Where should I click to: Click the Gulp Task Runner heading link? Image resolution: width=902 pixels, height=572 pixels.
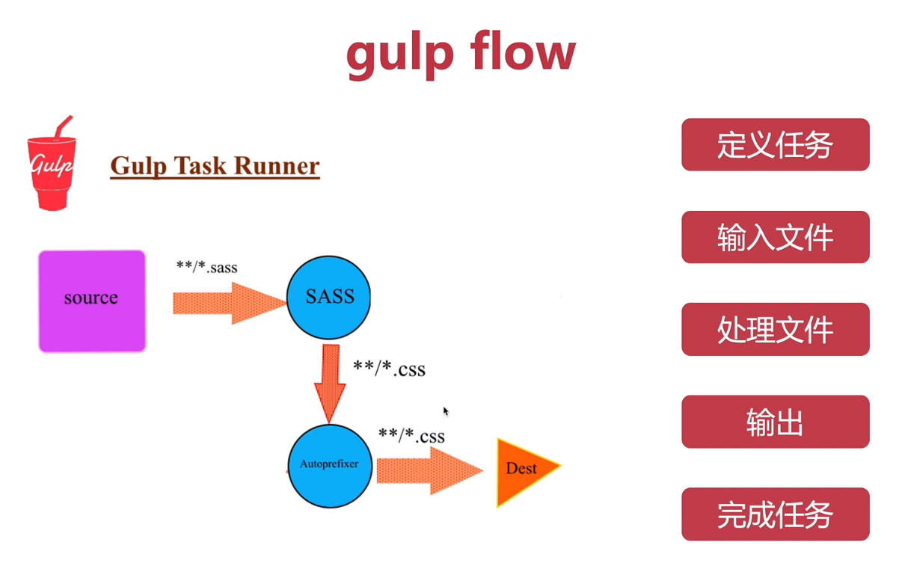[215, 166]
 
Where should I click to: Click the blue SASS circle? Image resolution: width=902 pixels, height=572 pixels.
[329, 298]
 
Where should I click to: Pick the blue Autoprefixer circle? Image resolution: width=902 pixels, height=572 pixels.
[329, 465]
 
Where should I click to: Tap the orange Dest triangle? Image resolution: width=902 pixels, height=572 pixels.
[524, 469]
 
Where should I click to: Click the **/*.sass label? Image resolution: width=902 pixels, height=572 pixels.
[207, 267]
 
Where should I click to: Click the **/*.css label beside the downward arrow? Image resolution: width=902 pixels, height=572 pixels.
[389, 368]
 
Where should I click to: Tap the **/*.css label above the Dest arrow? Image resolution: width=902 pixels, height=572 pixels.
[411, 435]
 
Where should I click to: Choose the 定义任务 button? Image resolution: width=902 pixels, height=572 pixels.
[775, 144]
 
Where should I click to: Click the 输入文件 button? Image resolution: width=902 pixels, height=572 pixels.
[775, 237]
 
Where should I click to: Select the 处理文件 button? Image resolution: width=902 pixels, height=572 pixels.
[775, 329]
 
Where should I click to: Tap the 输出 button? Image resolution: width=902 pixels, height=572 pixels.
[775, 422]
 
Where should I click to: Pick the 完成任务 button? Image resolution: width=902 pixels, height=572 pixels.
[775, 514]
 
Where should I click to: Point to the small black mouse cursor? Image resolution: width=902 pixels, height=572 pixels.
[447, 411]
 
